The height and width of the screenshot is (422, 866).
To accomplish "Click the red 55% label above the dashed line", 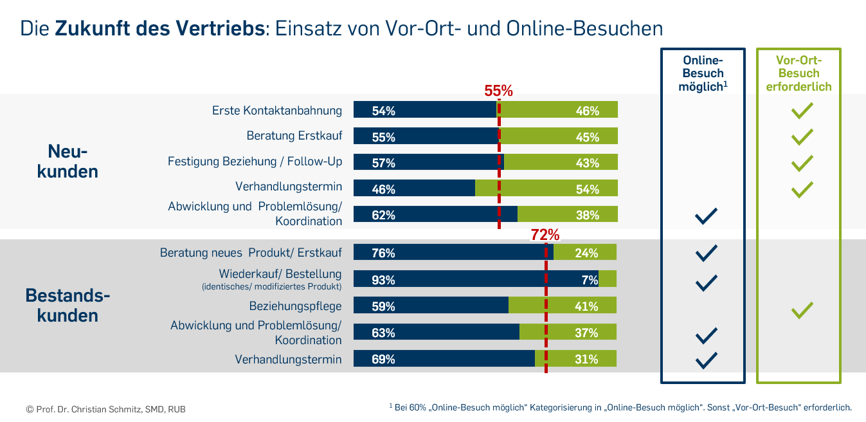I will coord(498,91).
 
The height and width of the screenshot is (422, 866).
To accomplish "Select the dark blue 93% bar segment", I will coord(476,279).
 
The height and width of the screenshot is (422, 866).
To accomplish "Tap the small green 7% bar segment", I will coord(608,279).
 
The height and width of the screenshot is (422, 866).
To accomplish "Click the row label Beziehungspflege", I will coord(295,306).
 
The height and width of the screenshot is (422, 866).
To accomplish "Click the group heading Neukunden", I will coord(68,161).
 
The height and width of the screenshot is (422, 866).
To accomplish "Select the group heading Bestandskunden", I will coord(68,306).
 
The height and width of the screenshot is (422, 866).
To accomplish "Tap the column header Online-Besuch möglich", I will coord(703,73).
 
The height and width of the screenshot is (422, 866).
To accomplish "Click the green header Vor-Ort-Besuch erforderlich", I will coord(798,73).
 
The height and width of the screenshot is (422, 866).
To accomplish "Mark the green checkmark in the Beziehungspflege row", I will coord(802,311).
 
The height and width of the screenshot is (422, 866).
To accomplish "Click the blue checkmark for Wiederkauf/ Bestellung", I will coord(706,282).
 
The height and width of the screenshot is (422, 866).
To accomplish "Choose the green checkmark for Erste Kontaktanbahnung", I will coord(802,111).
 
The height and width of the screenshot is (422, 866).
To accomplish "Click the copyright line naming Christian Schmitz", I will coord(106,409).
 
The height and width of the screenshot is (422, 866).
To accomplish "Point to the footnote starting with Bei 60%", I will coord(620,407).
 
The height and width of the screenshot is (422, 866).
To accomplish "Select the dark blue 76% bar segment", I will coord(453,253).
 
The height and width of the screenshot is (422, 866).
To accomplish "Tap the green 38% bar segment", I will coord(567,214).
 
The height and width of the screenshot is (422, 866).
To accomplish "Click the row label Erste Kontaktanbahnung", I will coord(276,111).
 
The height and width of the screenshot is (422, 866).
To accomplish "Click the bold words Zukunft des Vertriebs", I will coord(159,29).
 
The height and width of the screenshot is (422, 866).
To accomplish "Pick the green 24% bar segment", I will coord(584,253).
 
